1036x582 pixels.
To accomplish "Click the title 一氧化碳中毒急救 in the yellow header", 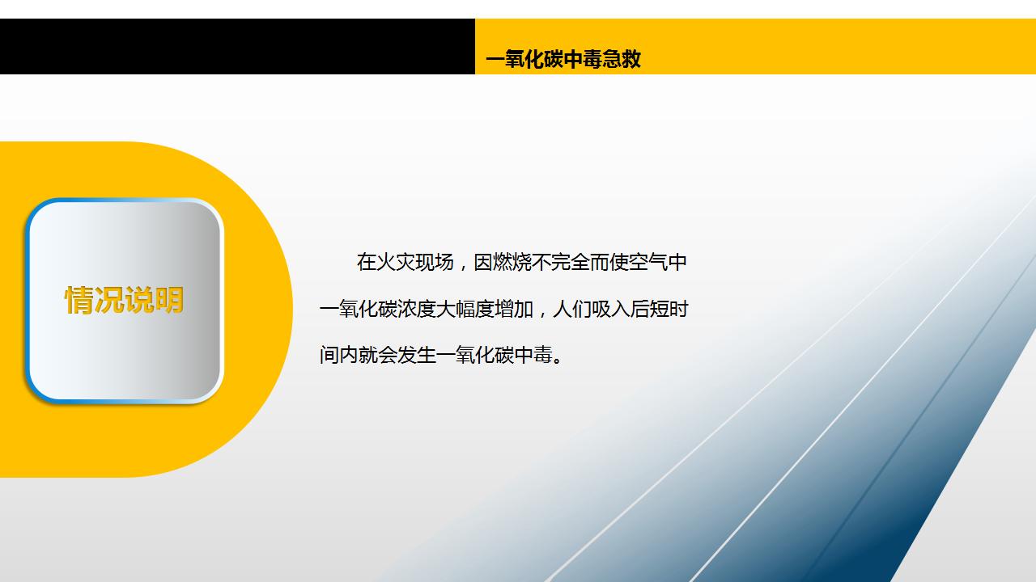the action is [x=563, y=59].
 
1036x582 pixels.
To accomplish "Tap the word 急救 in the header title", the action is [x=622, y=59].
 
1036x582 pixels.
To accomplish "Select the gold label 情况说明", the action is [x=124, y=300].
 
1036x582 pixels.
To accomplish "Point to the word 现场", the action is [x=435, y=263].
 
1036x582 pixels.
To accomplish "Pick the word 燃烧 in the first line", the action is [x=512, y=263].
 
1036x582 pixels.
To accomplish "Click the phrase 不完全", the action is [x=561, y=263].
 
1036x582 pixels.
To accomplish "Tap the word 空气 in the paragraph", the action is [x=648, y=263].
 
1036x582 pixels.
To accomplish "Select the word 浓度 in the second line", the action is [x=416, y=309].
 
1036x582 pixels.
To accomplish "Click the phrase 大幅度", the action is [x=465, y=309].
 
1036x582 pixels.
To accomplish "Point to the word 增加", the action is [x=513, y=309].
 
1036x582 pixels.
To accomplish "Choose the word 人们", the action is [x=571, y=309].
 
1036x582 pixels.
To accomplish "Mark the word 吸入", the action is [x=610, y=309].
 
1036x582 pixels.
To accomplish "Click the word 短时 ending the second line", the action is [x=669, y=309].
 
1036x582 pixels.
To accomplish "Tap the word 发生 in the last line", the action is [x=416, y=355].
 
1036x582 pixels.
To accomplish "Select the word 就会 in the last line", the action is [x=377, y=355].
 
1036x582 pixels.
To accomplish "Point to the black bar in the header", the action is [x=237, y=46].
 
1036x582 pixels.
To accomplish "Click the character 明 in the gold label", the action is [x=169, y=300].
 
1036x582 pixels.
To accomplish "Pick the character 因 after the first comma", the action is [x=483, y=263].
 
